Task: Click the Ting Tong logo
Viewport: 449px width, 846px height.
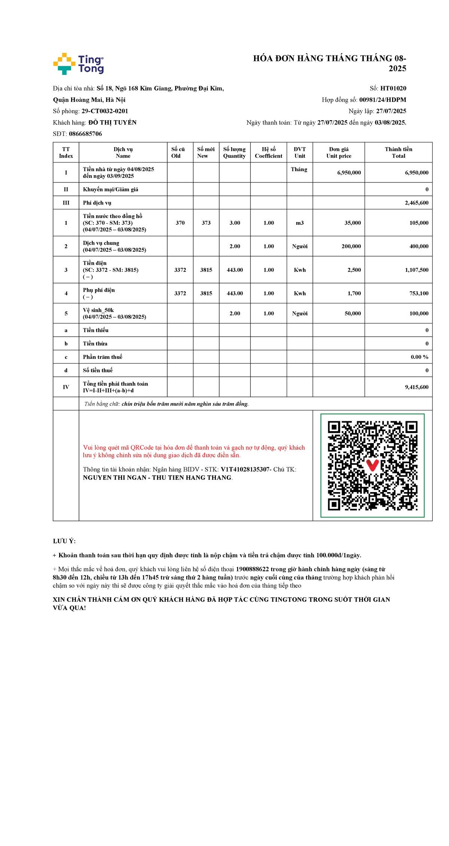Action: pos(78,64)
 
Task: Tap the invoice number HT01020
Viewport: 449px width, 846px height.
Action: pos(393,88)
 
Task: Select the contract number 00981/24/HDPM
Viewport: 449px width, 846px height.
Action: pos(382,100)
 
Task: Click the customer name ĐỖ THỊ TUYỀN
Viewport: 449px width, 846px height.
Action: pos(112,122)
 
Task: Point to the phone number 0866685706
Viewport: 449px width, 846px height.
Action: pos(85,134)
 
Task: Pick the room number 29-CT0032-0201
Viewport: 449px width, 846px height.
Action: pos(105,111)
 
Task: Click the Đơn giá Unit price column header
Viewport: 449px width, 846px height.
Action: pos(339,152)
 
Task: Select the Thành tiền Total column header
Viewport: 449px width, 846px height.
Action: pos(398,152)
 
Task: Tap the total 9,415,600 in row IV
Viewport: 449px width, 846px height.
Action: pos(416,387)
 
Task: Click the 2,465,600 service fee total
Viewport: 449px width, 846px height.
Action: pos(416,203)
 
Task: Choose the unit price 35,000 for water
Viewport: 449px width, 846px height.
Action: pos(352,223)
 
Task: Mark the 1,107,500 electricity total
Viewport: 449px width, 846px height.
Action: pos(416,270)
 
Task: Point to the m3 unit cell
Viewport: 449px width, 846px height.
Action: pos(300,223)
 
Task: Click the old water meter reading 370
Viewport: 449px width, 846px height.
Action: pos(180,223)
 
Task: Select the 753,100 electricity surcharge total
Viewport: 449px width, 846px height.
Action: pos(419,293)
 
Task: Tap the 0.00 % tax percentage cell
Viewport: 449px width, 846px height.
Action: pos(419,357)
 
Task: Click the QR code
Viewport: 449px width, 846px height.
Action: pos(372,466)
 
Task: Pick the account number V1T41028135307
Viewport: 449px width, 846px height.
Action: pos(245,469)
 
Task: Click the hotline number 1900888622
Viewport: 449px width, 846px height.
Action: pos(252,569)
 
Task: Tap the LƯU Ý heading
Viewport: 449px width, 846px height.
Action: pos(64,541)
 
